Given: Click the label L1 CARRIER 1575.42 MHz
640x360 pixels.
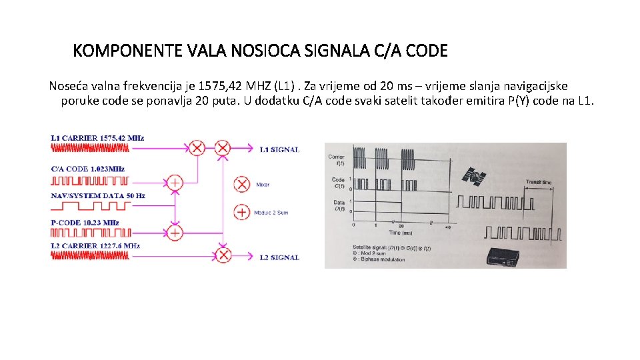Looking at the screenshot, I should [x=97, y=138].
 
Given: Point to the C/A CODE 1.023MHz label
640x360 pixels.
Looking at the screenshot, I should [x=87, y=169].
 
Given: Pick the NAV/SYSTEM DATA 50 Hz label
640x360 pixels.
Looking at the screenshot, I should [x=98, y=196].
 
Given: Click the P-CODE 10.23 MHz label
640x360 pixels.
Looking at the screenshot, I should [x=85, y=223].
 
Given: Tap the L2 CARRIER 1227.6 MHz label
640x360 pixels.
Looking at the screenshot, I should [x=96, y=246].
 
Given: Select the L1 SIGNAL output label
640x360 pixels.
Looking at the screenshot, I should [x=279, y=149].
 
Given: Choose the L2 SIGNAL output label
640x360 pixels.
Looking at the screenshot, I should [x=279, y=257].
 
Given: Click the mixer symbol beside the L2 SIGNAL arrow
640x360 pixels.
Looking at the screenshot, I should [x=223, y=256].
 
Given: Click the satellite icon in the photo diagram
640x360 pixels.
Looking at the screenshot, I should [x=478, y=176].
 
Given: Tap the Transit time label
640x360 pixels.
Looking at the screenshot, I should [x=538, y=181].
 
